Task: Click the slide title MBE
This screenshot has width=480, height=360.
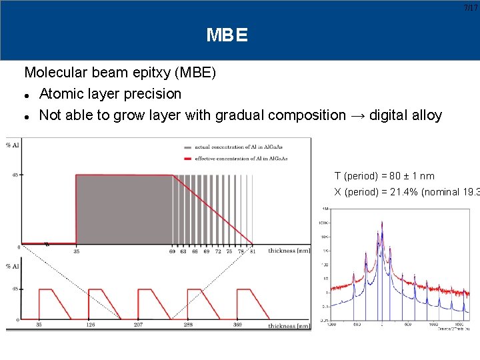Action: pyautogui.click(x=227, y=35)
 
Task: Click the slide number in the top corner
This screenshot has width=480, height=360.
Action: pyautogui.click(x=472, y=7)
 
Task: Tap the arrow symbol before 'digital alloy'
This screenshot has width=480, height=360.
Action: pyautogui.click(x=359, y=115)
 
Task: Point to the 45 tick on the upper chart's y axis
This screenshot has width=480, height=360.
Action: pyautogui.click(x=14, y=175)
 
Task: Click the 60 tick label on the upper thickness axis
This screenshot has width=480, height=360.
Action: pyautogui.click(x=173, y=251)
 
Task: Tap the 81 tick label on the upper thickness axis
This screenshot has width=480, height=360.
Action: pyautogui.click(x=253, y=251)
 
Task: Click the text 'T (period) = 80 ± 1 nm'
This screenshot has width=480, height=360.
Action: pyautogui.click(x=384, y=176)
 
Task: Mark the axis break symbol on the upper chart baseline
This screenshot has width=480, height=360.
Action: pyautogui.click(x=46, y=244)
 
